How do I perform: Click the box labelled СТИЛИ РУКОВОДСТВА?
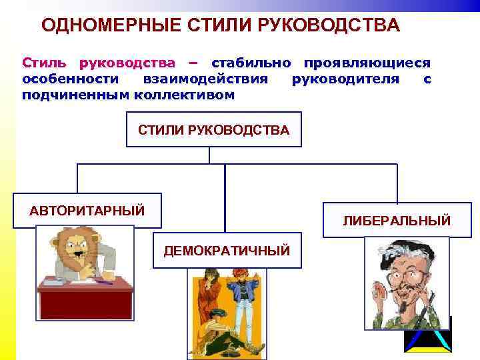tap(213, 130)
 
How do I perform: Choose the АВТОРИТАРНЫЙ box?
tap(87, 211)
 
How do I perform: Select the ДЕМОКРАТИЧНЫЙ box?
tap(227, 251)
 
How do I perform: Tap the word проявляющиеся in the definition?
tap(367, 63)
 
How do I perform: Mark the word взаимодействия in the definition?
tap(205, 79)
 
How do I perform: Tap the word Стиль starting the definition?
tap(46, 63)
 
